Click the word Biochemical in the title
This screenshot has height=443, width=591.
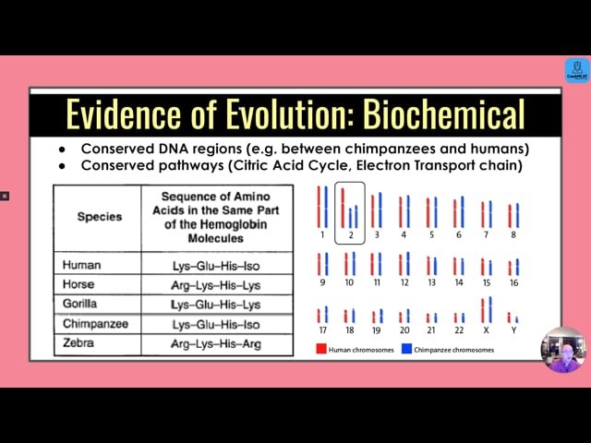tap(444, 114)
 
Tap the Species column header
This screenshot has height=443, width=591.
tap(100, 217)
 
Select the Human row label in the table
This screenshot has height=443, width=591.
tap(81, 265)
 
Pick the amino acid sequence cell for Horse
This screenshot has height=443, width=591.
tap(215, 285)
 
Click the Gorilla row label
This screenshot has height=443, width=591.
tap(79, 304)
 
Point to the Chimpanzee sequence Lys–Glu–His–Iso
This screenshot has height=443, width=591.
tap(216, 324)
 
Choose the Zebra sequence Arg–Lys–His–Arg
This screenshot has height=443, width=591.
tap(216, 344)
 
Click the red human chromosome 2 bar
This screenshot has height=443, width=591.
tap(343, 208)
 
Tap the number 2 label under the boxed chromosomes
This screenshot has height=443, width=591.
tap(351, 235)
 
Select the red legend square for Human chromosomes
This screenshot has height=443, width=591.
tap(321, 349)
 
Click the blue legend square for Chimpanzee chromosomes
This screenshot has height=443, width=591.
tap(406, 349)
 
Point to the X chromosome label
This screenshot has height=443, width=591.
tap(487, 330)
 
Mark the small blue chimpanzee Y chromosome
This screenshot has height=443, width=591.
tap(517, 319)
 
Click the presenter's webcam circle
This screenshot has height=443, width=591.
tap(564, 350)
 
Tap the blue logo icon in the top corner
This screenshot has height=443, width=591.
tap(577, 70)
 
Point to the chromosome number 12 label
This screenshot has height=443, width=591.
tap(404, 282)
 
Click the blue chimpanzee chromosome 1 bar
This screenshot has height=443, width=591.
tap(326, 207)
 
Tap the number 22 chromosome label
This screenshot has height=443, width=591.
tap(459, 330)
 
